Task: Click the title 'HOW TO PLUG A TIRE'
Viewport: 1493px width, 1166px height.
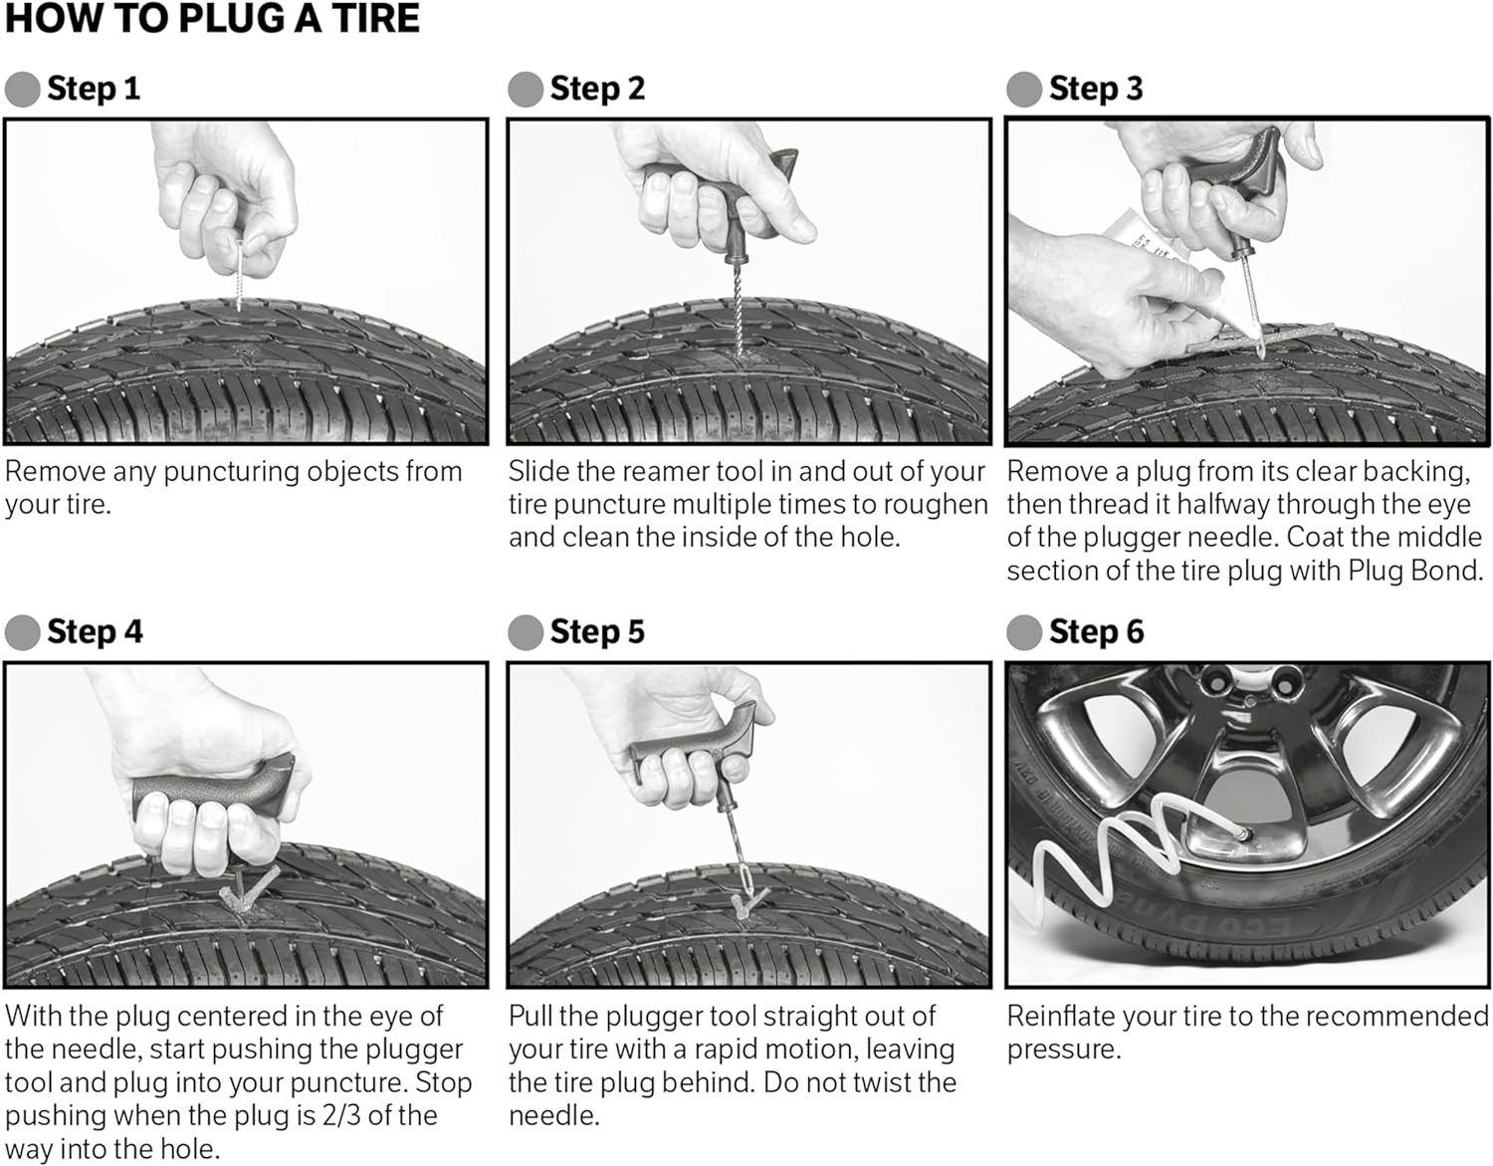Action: [212, 18]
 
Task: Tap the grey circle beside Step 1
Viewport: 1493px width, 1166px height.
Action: [22, 90]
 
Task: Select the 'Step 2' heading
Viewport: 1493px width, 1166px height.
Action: [597, 89]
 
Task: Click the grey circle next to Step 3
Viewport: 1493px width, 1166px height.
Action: [1024, 90]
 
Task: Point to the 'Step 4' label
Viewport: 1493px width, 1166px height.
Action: [95, 631]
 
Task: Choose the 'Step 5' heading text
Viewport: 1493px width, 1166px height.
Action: [597, 631]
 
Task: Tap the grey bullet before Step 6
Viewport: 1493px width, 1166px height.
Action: [1024, 632]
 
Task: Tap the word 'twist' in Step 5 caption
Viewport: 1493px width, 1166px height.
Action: [878, 1082]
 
